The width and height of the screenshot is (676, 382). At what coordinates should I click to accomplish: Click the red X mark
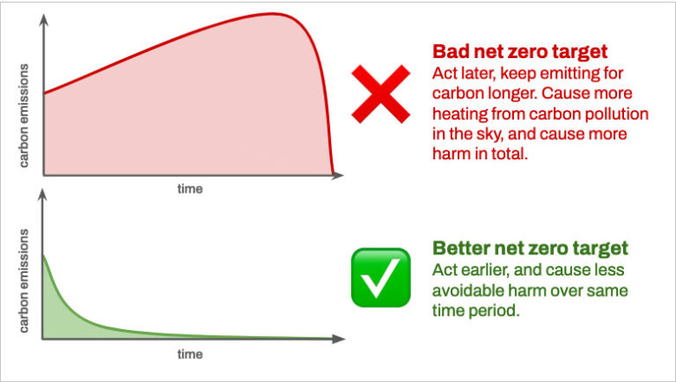[x=380, y=93]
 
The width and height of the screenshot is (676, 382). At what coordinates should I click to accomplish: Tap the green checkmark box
[x=380, y=276]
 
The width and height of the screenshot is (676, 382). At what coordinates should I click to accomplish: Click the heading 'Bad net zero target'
[x=520, y=51]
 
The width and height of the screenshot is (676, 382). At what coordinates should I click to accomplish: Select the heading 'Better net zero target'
[x=531, y=247]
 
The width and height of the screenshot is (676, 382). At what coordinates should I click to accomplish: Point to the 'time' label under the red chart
[x=190, y=188]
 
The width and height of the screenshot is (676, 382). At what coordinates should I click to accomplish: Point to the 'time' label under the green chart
[x=190, y=354]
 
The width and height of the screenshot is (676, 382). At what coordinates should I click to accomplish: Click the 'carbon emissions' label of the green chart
[x=25, y=280]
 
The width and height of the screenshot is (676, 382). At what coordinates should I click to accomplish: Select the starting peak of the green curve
[x=44, y=255]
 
